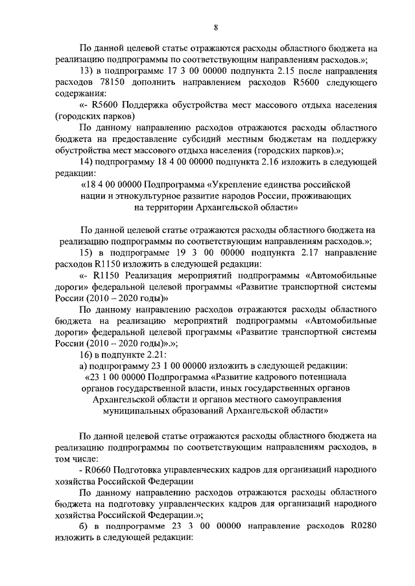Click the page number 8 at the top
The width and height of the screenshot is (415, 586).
(215, 27)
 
